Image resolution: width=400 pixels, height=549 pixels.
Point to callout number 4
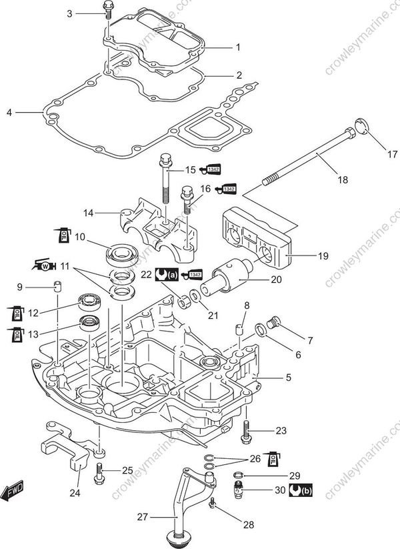click(x=9, y=113)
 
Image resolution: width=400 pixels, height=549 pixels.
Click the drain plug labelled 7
click(x=271, y=324)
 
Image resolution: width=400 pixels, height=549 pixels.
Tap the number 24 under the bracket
click(x=75, y=494)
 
